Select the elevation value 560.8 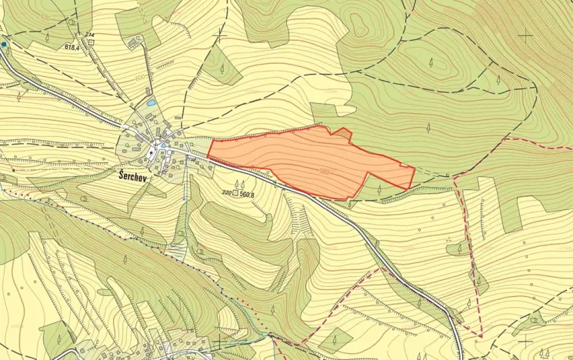pos(247,194)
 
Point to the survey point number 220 pos(226,193)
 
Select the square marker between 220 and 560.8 pos(235,193)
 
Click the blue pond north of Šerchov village pos(152,103)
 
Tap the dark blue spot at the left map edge pos(4,45)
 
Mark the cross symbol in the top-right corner pos(525,35)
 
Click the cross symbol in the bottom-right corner pos(525,339)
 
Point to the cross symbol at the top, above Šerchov pos(221,35)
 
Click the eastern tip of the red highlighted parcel pos(415,168)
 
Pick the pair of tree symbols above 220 pos(239,183)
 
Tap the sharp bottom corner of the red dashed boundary pos(480,336)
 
